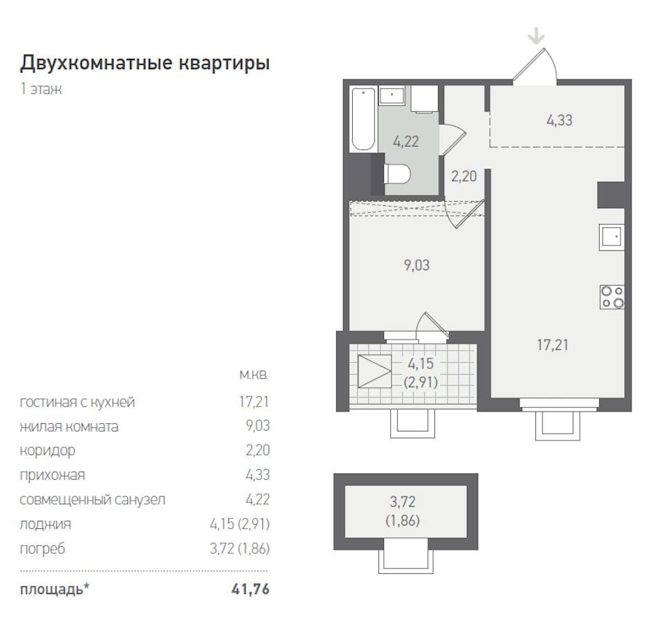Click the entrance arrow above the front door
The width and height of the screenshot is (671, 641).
pos(536,36)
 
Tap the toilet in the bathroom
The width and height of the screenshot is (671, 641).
pos(397,174)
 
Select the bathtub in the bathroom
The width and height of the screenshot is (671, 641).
pos(363,119)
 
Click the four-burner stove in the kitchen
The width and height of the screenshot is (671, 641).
pos(612,297)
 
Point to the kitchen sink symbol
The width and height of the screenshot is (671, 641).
pos(612,237)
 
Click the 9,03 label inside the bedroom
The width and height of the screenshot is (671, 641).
pos(417,266)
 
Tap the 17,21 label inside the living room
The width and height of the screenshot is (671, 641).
pos(553,345)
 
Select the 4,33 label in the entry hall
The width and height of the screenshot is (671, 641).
pos(560,120)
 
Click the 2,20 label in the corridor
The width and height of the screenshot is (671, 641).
pos(464,176)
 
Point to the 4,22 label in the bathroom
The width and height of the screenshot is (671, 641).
pos(405,141)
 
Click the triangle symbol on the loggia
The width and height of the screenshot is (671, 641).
pos(375,371)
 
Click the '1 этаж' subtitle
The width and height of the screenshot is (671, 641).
pos(41,89)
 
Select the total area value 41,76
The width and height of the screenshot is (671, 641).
pos(251,589)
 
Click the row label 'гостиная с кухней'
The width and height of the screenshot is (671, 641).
pos(77,402)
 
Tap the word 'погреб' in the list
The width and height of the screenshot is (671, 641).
pos(42,548)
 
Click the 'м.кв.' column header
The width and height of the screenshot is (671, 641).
pos(254,375)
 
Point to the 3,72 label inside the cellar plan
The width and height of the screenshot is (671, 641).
pos(403,501)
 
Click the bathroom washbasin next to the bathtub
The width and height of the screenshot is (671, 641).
pos(392,95)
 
